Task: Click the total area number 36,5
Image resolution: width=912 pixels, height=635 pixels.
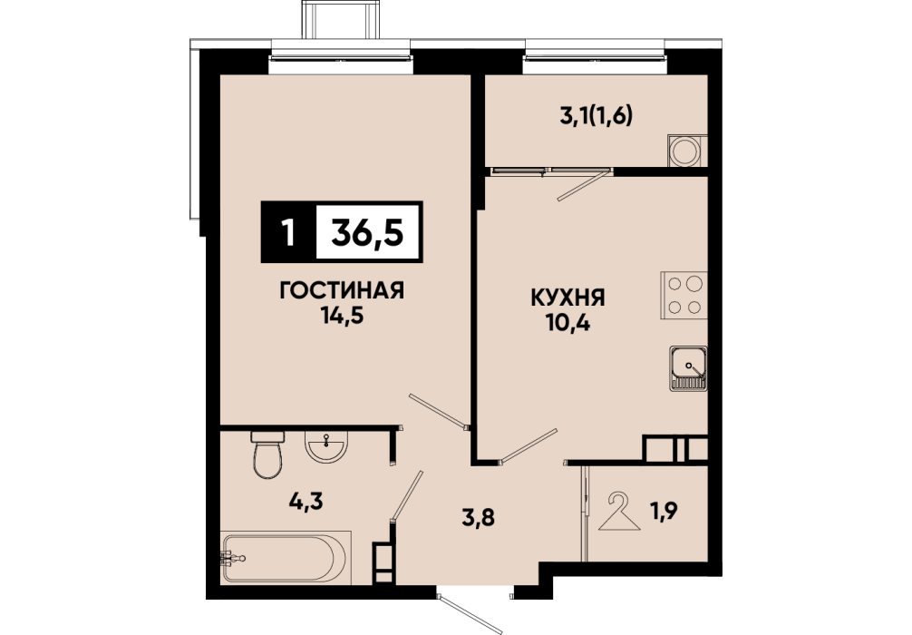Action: [367, 233]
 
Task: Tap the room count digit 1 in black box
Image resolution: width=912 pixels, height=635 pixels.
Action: [286, 233]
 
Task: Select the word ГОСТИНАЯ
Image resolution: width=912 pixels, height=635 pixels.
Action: [342, 290]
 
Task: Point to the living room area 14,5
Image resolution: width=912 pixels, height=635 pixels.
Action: [342, 315]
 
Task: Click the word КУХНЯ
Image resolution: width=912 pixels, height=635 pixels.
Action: [568, 298]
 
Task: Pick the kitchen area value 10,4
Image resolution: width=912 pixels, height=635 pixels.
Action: [568, 322]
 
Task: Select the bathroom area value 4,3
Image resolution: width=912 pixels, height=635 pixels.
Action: [306, 500]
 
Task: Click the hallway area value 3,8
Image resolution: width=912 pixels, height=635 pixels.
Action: [478, 517]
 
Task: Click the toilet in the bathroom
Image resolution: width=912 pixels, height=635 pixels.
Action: [267, 454]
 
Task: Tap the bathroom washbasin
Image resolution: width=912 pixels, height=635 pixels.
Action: [325, 446]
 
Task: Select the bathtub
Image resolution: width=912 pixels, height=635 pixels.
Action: [286, 557]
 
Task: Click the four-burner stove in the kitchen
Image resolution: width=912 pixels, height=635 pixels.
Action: [684, 295]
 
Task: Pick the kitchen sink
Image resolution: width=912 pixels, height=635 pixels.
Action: [689, 368]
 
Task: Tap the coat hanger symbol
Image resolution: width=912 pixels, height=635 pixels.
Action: [619, 512]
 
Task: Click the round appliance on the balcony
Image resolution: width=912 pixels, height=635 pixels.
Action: [684, 151]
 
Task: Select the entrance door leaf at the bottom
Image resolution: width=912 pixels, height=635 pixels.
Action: [470, 613]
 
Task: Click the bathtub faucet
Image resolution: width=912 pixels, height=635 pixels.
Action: [233, 559]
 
